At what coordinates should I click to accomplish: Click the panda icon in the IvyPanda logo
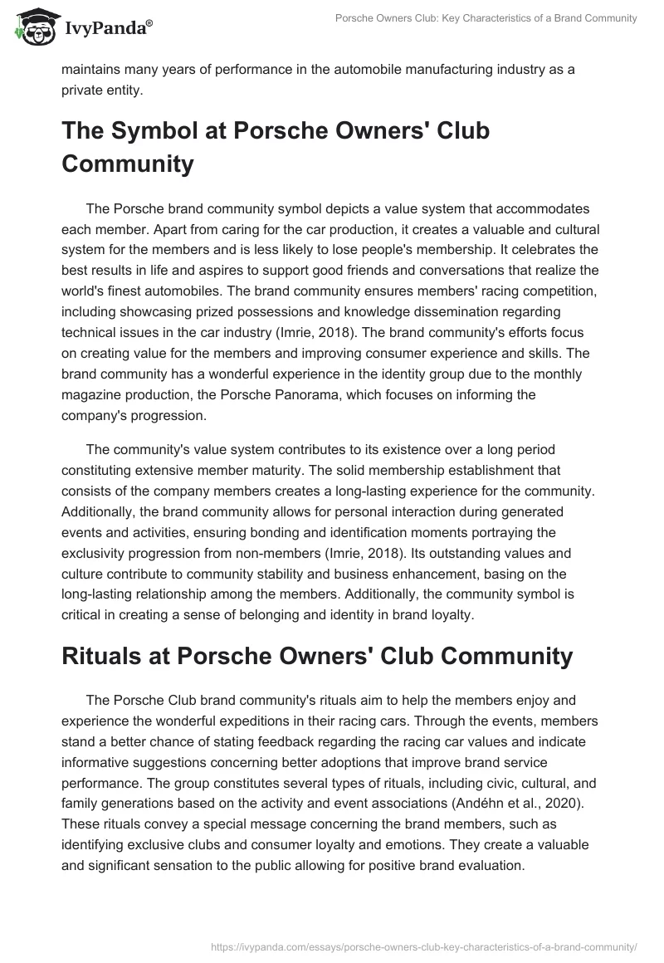[32, 27]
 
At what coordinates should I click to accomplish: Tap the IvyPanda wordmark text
[106, 29]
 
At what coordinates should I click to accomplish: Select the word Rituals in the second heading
[107, 657]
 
